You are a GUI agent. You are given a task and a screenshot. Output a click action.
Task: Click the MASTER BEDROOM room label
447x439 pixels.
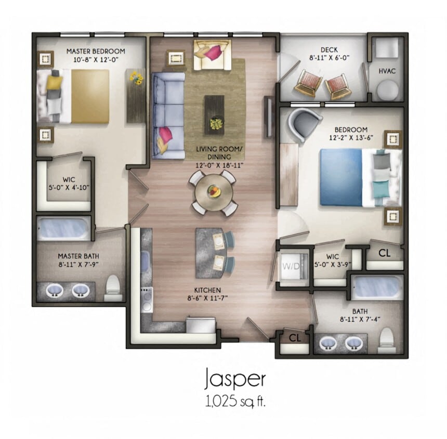[96, 51]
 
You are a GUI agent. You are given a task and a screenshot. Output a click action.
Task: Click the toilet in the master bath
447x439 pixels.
[113, 288]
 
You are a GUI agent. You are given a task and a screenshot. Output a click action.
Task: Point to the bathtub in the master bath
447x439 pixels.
[63, 228]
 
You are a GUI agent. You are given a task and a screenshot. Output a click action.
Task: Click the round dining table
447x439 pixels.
[214, 192]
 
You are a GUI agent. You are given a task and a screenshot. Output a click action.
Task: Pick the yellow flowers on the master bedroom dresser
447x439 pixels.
[136, 79]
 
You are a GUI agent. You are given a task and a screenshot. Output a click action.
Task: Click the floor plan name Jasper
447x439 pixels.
[235, 379]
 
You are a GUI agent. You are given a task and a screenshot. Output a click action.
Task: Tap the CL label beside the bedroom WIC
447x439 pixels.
[385, 253]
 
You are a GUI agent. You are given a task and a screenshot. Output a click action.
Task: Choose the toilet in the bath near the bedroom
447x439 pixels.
[386, 340]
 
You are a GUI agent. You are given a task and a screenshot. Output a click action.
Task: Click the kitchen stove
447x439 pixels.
[147, 299]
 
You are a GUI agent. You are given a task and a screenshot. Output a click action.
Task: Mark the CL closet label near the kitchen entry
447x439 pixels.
[295, 337]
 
